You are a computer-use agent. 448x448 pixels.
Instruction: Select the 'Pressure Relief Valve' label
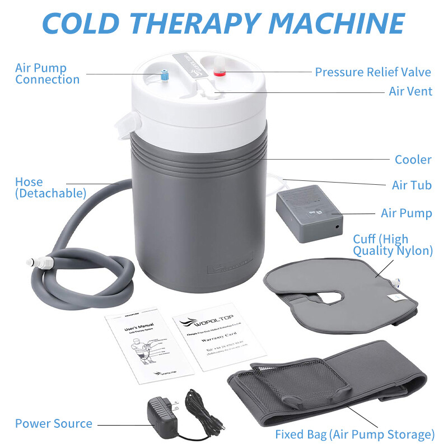point(373,72)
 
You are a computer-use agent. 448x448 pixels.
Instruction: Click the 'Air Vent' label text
point(410,91)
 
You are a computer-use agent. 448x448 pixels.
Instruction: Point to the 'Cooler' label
point(413,160)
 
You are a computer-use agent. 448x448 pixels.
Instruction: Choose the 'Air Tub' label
point(412,185)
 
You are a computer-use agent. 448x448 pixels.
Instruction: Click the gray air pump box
point(309,214)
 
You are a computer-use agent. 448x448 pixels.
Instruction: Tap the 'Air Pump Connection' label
point(47,74)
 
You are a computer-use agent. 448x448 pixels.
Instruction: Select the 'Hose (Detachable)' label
point(50,188)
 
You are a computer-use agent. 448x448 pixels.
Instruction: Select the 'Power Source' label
point(54,424)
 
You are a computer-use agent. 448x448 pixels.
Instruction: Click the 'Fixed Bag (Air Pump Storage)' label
point(355,434)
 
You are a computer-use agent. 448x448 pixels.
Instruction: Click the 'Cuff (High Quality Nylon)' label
point(393,245)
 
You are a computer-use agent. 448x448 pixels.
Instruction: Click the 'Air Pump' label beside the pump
point(406,213)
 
